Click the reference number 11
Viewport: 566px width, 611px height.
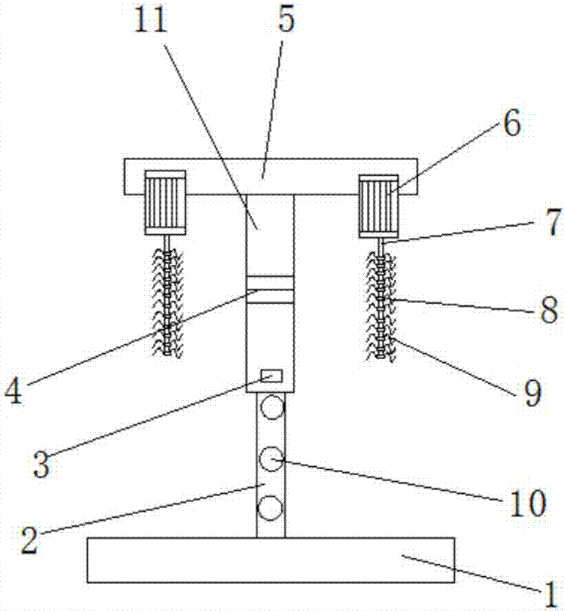point(151,23)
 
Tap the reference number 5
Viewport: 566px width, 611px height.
point(285,21)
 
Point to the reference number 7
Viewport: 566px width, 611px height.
point(551,225)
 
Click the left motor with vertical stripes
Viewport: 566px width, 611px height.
point(165,202)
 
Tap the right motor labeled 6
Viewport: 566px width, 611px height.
point(379,206)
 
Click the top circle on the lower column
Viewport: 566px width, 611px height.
point(271,407)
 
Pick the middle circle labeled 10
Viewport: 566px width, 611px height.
point(271,459)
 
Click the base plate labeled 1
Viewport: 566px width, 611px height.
point(271,560)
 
